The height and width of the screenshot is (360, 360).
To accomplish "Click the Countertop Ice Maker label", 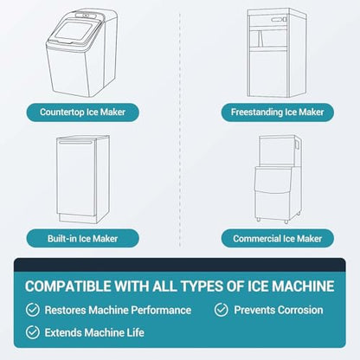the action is [83, 112].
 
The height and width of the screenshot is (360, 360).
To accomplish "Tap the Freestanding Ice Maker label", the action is [278, 112].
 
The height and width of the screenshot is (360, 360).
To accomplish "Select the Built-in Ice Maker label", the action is [83, 239].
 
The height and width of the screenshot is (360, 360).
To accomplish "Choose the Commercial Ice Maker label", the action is [278, 239].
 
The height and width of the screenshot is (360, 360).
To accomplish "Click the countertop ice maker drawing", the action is [81, 53].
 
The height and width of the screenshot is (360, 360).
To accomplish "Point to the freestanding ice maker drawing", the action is [276, 53].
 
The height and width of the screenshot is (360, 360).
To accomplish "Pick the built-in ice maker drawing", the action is [83, 179].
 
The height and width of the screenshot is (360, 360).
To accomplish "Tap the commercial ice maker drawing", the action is [278, 179].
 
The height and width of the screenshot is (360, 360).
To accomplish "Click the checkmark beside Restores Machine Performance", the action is [33, 310].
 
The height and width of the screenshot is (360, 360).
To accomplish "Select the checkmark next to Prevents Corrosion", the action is [222, 310].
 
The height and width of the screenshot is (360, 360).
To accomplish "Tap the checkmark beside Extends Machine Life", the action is [33, 332].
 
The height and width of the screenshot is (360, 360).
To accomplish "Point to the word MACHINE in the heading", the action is [303, 286].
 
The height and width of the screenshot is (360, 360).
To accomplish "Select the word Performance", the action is [161, 310].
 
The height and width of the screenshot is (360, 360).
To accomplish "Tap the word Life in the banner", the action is [136, 332].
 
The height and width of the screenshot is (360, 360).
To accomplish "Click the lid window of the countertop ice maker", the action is [74, 30].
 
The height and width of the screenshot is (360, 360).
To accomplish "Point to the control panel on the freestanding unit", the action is [279, 20].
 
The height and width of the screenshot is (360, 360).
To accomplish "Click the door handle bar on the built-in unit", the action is [76, 142].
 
